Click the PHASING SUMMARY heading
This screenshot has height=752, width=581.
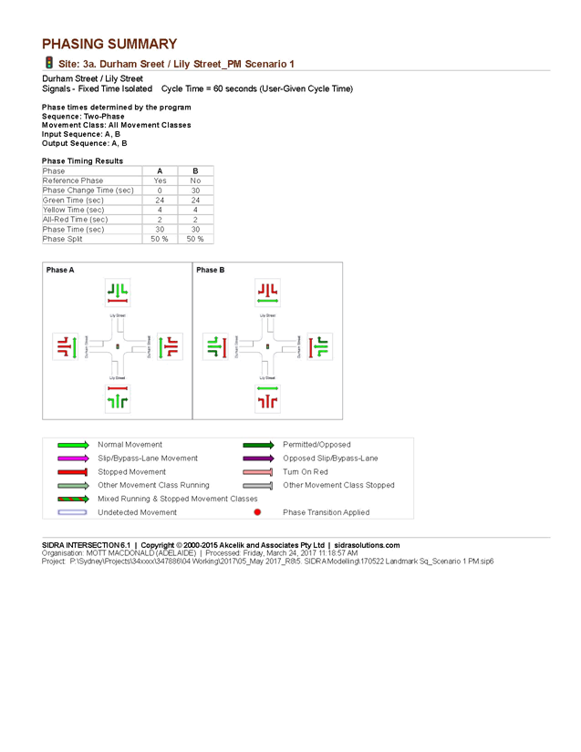pos(109,44)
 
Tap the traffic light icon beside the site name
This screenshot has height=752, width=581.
pos(48,63)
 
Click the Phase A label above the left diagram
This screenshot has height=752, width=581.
pos(60,270)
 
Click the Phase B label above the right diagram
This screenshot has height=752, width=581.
pos(211,270)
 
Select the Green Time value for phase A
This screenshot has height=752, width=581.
pos(159,200)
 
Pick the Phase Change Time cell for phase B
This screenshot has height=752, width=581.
pos(194,190)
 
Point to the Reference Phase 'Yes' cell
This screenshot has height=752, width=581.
pos(159,180)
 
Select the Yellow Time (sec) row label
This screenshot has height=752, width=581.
pos(73,210)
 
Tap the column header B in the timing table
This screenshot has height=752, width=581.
pos(194,170)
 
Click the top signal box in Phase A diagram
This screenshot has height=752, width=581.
pos(117,292)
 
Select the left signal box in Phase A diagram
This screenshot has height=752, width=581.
pos(64,346)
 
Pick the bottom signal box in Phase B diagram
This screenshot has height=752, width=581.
pos(266,397)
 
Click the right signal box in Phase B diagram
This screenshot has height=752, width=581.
pos(318,346)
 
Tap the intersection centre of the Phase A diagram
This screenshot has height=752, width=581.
pos(118,346)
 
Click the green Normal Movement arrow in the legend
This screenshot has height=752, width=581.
pos(71,445)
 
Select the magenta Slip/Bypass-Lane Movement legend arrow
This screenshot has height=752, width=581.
pos(71,458)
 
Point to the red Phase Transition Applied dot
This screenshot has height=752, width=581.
pos(257,512)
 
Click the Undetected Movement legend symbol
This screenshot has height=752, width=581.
pos(71,512)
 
